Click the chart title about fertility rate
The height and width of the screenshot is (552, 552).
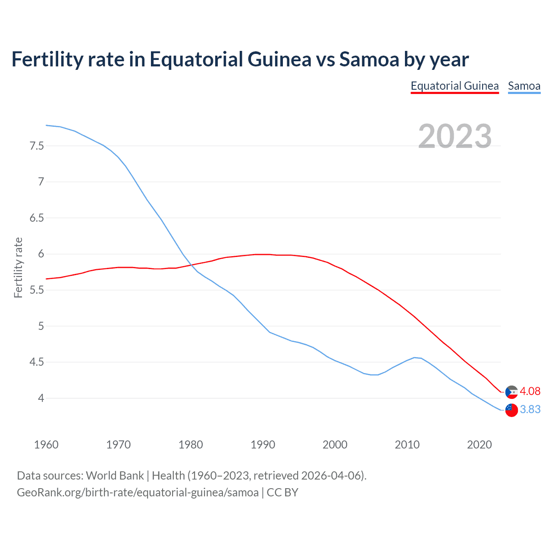tap(240, 60)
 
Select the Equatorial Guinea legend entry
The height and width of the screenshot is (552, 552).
tap(455, 86)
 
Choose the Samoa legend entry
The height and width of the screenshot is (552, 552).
tap(524, 86)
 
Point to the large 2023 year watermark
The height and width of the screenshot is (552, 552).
tap(455, 136)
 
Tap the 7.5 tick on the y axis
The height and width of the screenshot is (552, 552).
tap(37, 146)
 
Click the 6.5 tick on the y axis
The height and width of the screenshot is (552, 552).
tap(37, 218)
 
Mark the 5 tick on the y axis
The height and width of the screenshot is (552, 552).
tap(41, 326)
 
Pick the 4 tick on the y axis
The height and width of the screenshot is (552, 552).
tap(41, 398)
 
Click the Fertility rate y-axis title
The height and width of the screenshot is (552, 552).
tap(18, 267)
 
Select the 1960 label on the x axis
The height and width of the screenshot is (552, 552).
tap(46, 445)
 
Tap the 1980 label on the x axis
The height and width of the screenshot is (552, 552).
tap(191, 445)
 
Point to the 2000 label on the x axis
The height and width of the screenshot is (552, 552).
tap(335, 445)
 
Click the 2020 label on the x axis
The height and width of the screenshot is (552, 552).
tap(479, 445)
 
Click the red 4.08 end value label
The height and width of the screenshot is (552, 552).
tap(530, 391)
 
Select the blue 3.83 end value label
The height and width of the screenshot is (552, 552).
tap(530, 409)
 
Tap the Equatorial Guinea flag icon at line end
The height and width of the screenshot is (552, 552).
tap(511, 392)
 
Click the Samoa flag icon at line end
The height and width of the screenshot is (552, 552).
tap(511, 410)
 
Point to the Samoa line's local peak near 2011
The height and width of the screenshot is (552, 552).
tap(415, 357)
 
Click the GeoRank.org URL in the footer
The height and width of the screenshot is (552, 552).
tap(138, 492)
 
